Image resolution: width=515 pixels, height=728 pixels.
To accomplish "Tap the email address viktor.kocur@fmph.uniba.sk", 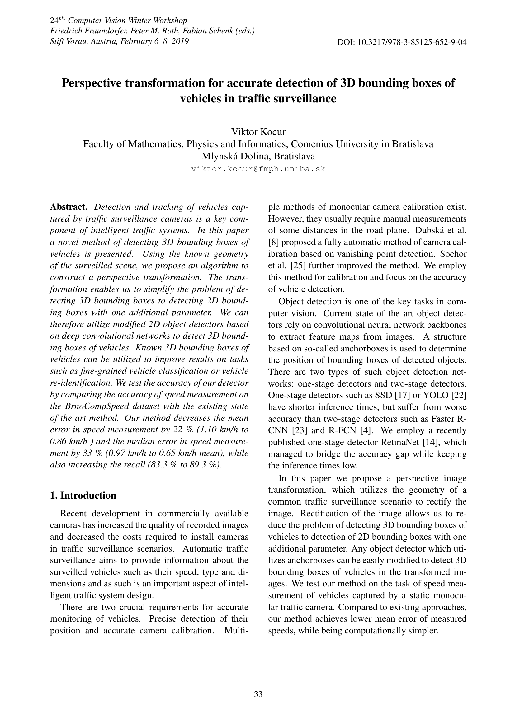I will [258, 169].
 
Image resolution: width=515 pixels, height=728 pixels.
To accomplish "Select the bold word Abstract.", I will [69, 207].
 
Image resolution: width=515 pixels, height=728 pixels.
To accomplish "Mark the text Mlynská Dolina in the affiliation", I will [236, 156].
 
